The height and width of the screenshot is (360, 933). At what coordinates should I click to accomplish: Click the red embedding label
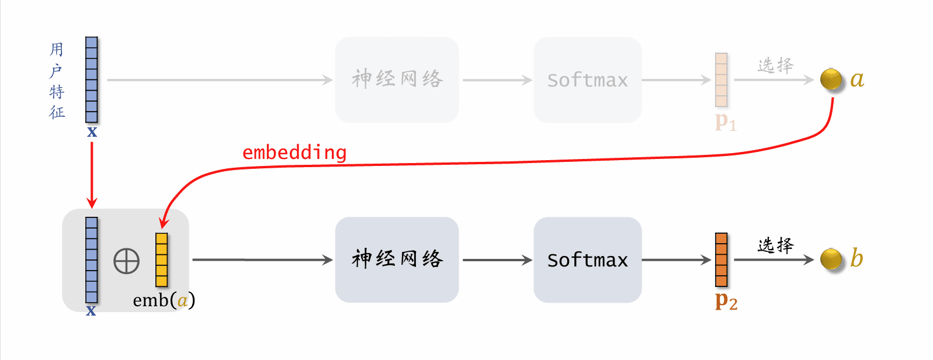[x=294, y=153]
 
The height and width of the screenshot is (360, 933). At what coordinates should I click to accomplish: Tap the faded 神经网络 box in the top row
[x=397, y=79]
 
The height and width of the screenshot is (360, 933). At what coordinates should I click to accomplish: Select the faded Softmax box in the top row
[x=587, y=79]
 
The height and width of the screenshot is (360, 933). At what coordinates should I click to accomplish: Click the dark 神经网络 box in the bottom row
[x=397, y=259]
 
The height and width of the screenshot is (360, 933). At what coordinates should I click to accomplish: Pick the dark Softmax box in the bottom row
[x=587, y=259]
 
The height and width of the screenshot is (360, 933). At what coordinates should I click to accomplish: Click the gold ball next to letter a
[x=831, y=79]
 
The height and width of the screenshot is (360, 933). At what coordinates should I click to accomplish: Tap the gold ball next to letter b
[x=831, y=259]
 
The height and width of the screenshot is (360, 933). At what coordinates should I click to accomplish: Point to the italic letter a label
[x=857, y=79]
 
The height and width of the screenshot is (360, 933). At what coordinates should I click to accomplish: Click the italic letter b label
[x=856, y=257]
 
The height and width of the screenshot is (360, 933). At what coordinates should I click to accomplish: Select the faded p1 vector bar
[x=722, y=79]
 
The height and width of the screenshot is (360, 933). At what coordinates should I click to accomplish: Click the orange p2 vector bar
[x=722, y=259]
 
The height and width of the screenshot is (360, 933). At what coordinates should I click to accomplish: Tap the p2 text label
[x=726, y=301]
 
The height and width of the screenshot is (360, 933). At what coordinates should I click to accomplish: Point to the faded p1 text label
[x=726, y=122]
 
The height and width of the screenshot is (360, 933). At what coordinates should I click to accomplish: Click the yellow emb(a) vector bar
[x=161, y=259]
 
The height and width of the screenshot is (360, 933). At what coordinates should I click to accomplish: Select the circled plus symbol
[x=126, y=261]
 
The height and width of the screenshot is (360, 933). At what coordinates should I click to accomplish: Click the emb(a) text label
[x=164, y=300]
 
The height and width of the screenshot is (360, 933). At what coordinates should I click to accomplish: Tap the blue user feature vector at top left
[x=92, y=79]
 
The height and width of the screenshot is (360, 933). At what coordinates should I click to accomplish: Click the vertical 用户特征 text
[x=57, y=80]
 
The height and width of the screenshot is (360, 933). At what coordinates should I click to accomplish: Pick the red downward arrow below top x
[x=92, y=174]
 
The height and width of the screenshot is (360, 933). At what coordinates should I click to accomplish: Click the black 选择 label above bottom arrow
[x=775, y=245]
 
